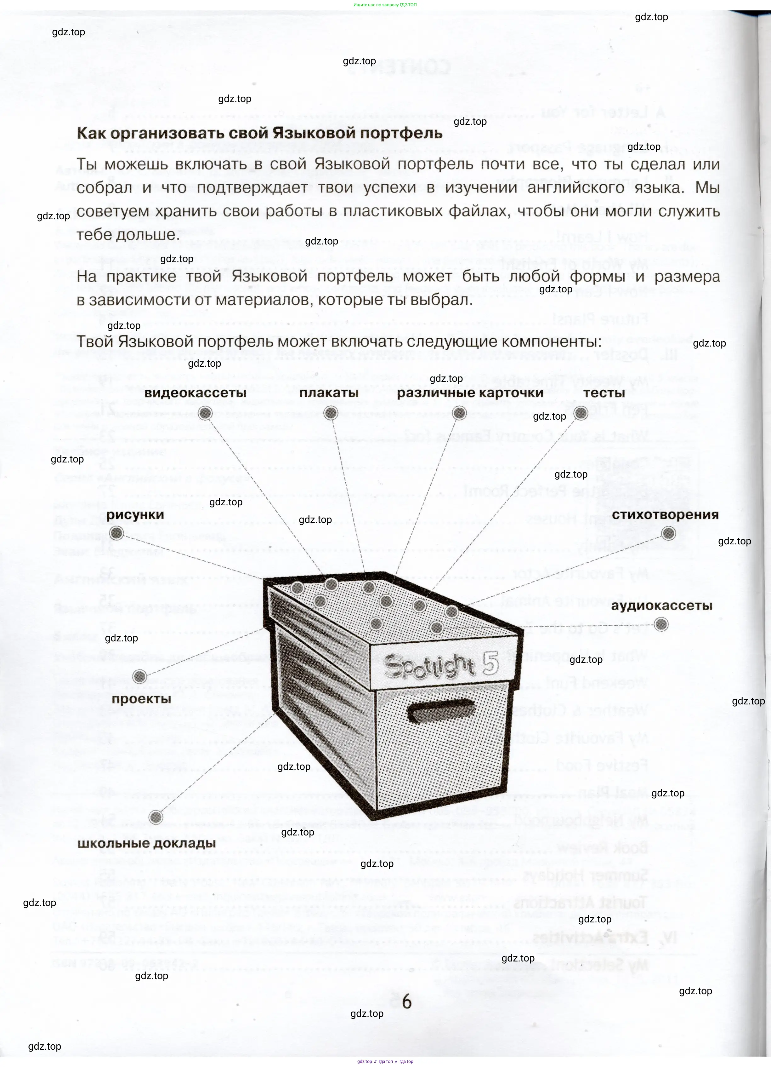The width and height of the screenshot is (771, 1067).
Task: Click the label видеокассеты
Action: [x=195, y=393]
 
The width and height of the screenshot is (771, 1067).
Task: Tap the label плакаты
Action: [x=329, y=393]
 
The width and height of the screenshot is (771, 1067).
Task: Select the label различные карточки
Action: [x=470, y=393]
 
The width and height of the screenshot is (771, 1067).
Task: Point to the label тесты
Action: [x=604, y=393]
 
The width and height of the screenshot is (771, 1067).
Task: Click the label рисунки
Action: [x=135, y=515]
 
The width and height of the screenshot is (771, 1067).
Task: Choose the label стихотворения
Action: [x=665, y=515]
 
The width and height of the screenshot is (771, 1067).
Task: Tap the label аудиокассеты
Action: [x=661, y=606]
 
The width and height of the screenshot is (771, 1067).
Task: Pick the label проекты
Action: [x=141, y=699]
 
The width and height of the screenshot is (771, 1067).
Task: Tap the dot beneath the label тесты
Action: [x=581, y=413]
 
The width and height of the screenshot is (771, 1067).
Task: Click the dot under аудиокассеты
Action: [x=661, y=624]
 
